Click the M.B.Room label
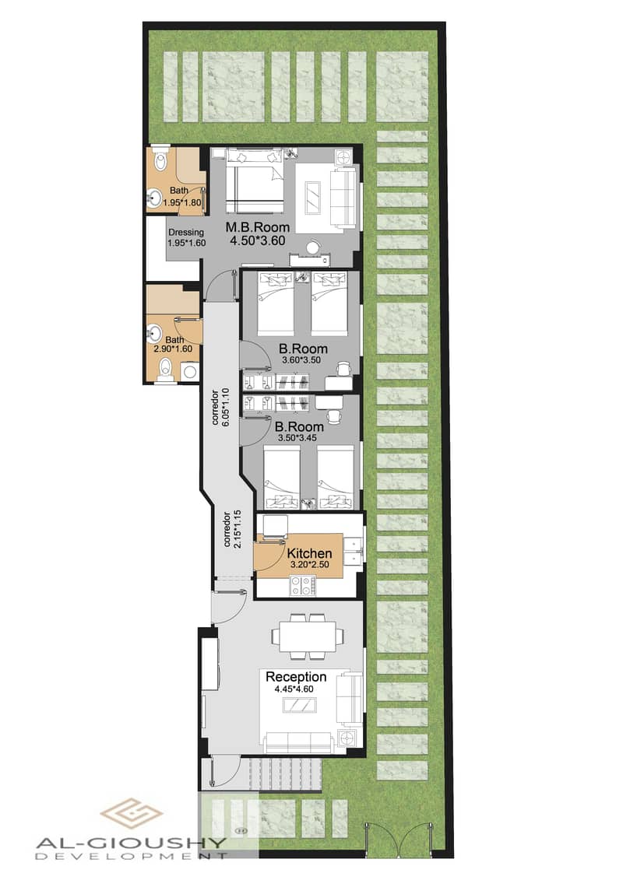pos(258,227)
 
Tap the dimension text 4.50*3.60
pos(258,241)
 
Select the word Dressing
pos(186,232)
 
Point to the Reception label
pos(296,677)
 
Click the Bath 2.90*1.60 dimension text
pos(172,349)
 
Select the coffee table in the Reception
pos(300,706)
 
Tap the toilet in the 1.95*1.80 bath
pos(160,161)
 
